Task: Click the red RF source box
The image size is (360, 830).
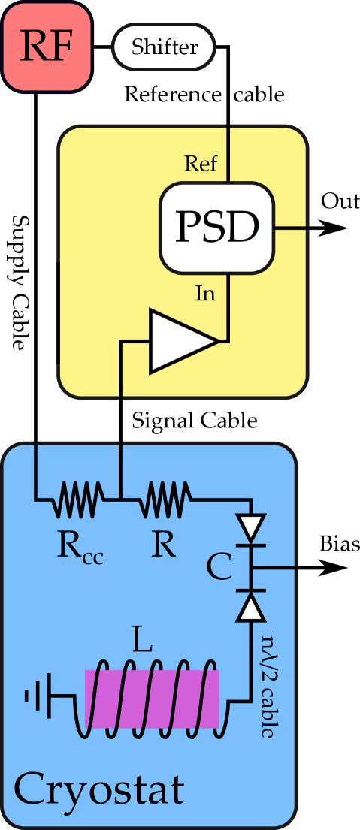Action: (47, 47)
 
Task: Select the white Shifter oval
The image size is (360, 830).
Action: (164, 47)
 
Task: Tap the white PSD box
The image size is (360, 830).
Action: (216, 227)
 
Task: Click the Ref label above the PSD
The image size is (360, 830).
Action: (201, 163)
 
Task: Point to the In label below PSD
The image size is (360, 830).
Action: (205, 294)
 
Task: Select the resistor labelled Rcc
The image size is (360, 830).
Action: (78, 498)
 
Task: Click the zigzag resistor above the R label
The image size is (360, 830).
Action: (166, 498)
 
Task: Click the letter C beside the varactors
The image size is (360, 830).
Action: (219, 568)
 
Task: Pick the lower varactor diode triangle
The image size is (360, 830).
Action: (251, 605)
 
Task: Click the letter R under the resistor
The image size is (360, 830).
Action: (163, 546)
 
